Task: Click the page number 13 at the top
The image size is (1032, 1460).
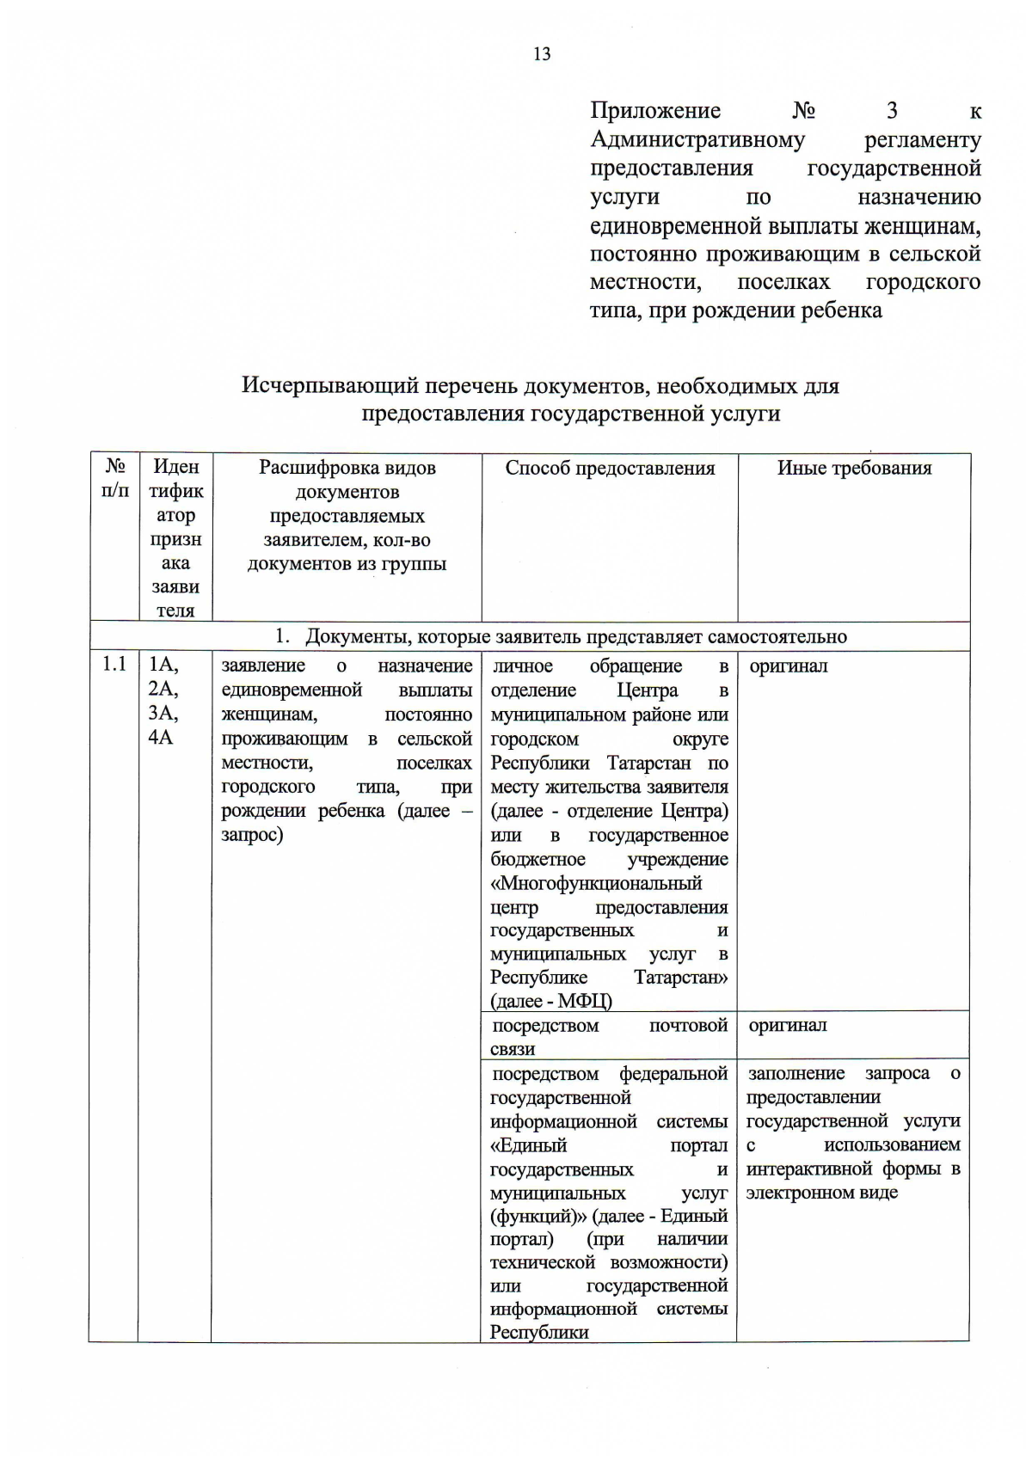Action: click(542, 54)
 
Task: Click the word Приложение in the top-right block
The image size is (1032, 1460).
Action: click(655, 111)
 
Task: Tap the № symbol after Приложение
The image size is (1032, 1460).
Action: click(803, 111)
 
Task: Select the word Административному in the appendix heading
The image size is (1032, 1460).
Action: click(697, 139)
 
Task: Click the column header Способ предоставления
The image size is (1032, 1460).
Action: click(610, 468)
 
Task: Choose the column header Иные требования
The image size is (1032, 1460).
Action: click(854, 468)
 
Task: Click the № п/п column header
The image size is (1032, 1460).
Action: click(114, 478)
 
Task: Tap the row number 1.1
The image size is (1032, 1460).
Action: click(114, 665)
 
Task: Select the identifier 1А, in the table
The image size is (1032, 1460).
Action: click(163, 665)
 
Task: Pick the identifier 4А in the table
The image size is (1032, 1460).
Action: click(161, 737)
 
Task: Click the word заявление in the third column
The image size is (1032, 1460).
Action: click(263, 666)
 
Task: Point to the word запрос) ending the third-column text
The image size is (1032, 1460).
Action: click(252, 835)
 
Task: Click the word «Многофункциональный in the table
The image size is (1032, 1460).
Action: click(596, 883)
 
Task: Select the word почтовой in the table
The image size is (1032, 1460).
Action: click(688, 1025)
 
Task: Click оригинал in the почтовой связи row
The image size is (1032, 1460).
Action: click(787, 1025)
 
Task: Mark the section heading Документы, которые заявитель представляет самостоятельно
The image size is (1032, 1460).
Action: click(575, 636)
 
